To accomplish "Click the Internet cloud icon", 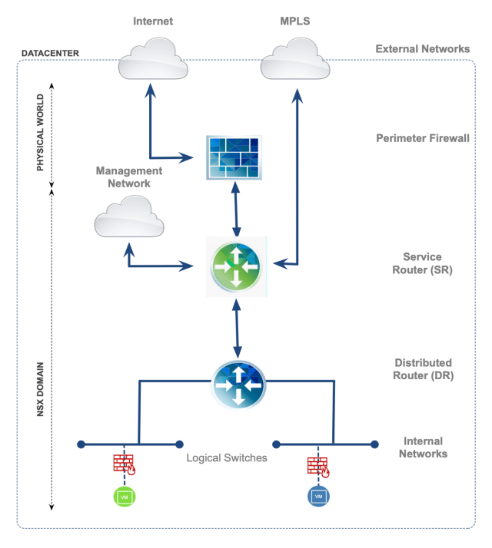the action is coord(153,58).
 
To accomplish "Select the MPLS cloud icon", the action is coord(295,58).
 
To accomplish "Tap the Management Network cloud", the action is coord(129,216).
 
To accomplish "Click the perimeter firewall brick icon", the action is coord(234,157).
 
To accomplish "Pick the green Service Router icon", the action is coord(236,267).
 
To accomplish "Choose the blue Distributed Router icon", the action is coord(238,385).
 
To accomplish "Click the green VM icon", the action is coord(125,497).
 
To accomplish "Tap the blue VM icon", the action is coord(318,497).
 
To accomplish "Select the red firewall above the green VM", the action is coord(125,464).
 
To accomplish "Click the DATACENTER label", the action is coord(51,53).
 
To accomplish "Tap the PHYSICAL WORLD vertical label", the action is coord(40,133).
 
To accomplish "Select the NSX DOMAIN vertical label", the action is coord(40,389).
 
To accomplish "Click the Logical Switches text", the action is coord(227,458).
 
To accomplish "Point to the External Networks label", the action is coord(423,49).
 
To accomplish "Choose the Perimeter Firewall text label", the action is coord(423,138).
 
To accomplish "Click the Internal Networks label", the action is coord(423,447).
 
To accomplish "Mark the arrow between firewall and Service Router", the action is coord(236,209).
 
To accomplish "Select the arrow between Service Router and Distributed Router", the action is coord(237,328).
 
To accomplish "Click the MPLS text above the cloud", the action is coord(295,21).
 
